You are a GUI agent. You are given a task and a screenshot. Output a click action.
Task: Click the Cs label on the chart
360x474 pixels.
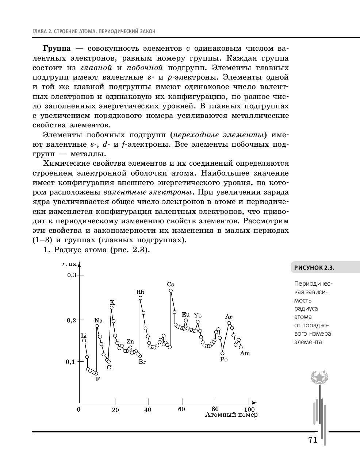171,284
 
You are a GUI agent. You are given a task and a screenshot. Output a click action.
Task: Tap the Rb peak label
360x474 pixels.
140,292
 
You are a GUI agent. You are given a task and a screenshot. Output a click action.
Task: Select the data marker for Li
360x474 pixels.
84,340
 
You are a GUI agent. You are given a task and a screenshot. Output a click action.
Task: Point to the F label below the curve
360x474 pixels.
97,379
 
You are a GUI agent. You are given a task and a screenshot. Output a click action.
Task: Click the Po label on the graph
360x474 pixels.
224,359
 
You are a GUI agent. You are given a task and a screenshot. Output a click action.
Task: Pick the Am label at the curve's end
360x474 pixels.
245,353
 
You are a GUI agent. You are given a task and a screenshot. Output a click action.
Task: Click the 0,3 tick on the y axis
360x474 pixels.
71,275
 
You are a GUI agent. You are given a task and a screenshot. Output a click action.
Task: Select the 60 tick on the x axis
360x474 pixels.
181,409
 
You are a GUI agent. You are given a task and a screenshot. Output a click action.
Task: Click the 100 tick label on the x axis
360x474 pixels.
249,409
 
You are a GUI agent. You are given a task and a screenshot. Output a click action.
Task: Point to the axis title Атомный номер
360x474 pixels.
231,415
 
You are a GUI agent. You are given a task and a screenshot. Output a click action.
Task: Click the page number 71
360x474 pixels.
313,440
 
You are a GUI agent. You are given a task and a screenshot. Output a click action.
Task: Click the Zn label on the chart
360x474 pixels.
130,342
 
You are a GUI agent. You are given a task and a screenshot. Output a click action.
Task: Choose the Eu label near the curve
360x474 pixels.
185,315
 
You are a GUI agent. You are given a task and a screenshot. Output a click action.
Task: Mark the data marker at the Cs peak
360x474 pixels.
171,291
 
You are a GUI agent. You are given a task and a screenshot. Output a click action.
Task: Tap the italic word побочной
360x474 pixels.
145,68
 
